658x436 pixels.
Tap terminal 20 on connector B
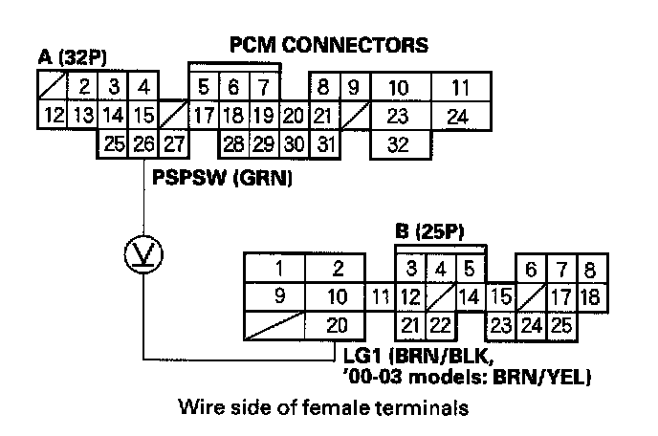coord(337,324)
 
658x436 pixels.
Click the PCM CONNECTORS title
coord(328,44)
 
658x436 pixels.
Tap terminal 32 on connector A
coord(401,145)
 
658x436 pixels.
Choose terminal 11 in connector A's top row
coord(461,89)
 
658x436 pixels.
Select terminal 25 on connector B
coord(561,324)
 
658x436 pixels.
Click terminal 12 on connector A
coord(54,117)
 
